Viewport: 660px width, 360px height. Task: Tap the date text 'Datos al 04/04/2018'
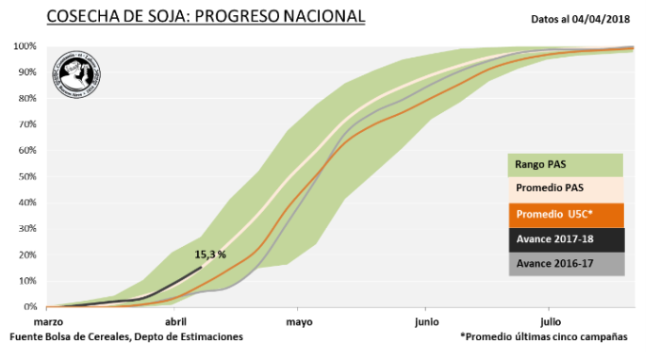[x=579, y=18]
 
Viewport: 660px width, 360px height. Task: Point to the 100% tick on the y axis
[x=25, y=46]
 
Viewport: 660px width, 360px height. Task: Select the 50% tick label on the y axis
[x=26, y=176]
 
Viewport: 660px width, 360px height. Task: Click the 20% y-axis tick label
[x=26, y=254]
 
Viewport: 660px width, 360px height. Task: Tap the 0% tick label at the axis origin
[x=29, y=307]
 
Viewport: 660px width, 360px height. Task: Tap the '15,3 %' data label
[x=210, y=254]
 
